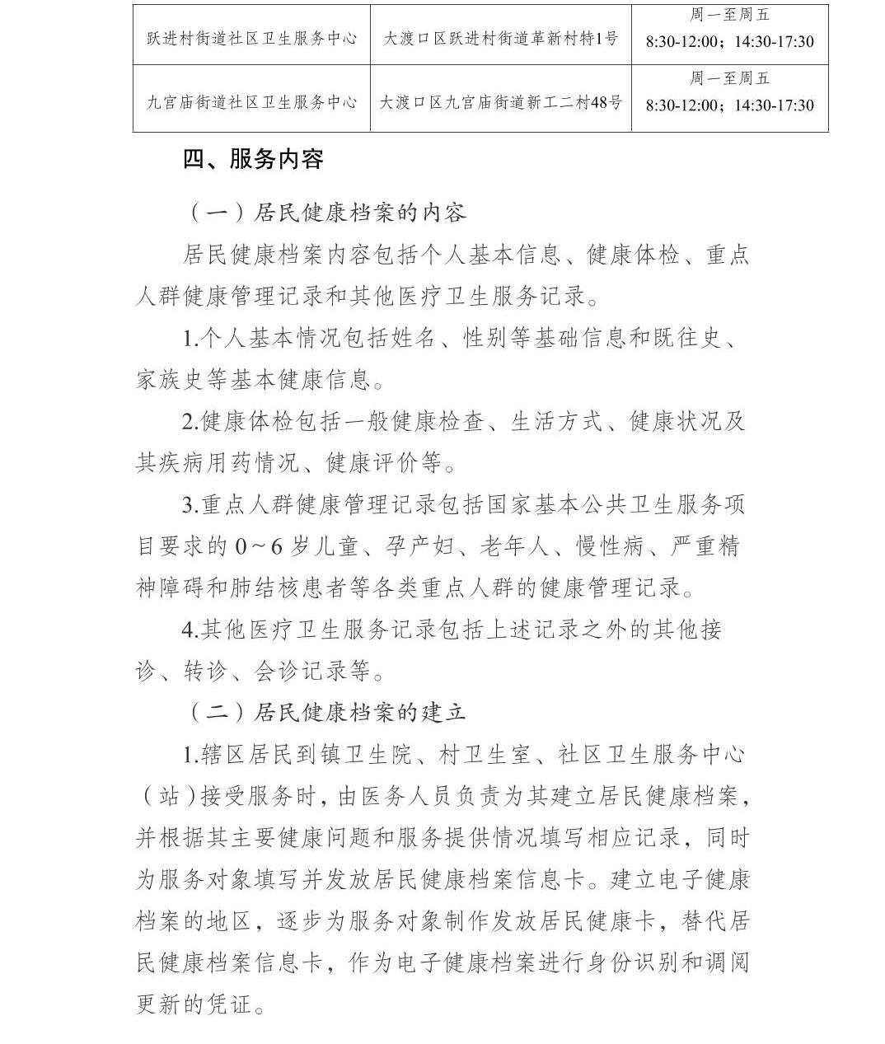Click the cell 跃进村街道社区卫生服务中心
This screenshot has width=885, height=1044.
(251, 39)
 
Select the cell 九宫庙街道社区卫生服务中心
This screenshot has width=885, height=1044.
(251, 103)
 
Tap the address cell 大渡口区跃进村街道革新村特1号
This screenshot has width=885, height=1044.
(500, 39)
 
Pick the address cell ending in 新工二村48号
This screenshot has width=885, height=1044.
(500, 103)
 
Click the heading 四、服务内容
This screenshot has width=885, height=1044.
(253, 159)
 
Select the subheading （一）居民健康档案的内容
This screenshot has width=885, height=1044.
(328, 213)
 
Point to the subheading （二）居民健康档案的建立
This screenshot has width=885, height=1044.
(328, 712)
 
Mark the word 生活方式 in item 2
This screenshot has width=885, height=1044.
(556, 422)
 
